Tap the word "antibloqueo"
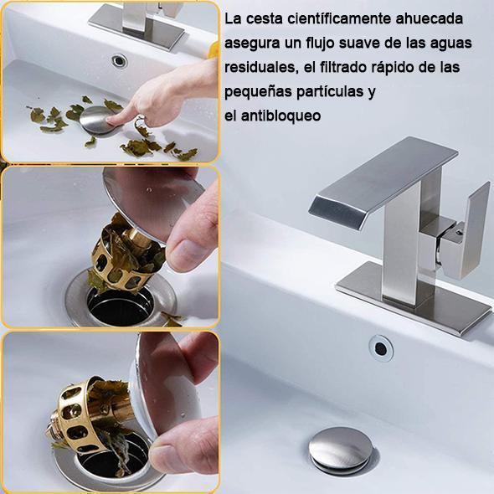[281, 116]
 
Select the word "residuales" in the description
[261, 67]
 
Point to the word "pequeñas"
[259, 92]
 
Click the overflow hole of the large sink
[381, 348]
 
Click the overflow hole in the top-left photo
[120, 61]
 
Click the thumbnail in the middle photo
[185, 254]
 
